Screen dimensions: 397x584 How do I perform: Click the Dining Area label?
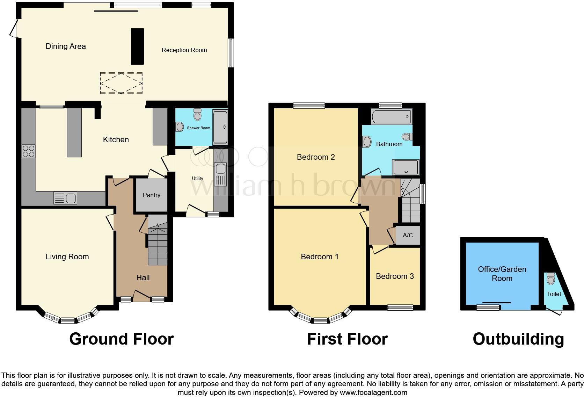click(x=66, y=46)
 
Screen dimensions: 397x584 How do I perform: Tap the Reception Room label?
click(x=184, y=50)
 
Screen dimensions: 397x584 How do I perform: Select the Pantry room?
click(x=152, y=195)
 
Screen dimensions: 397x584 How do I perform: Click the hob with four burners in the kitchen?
click(x=28, y=151)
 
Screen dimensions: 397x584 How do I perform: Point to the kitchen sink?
click(x=65, y=198)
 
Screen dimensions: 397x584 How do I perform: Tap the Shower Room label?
click(x=198, y=128)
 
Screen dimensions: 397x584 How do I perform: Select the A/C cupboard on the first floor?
click(x=408, y=235)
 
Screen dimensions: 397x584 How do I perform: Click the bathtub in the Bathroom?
click(x=392, y=116)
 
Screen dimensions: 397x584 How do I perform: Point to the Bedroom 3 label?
click(x=395, y=276)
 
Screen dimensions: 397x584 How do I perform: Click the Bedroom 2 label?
click(x=316, y=157)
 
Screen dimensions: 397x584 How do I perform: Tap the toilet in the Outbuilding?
click(x=551, y=279)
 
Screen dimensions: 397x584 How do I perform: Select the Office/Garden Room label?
click(x=502, y=274)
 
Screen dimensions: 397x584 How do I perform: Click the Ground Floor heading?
click(x=121, y=339)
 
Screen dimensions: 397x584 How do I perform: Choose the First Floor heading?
click(x=347, y=339)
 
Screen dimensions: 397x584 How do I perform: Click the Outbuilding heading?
click(x=518, y=339)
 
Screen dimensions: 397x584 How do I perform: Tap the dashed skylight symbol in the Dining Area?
click(x=121, y=83)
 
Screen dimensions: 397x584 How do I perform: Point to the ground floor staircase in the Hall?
click(x=158, y=245)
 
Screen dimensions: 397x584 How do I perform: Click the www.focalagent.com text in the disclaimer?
click(x=373, y=392)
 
